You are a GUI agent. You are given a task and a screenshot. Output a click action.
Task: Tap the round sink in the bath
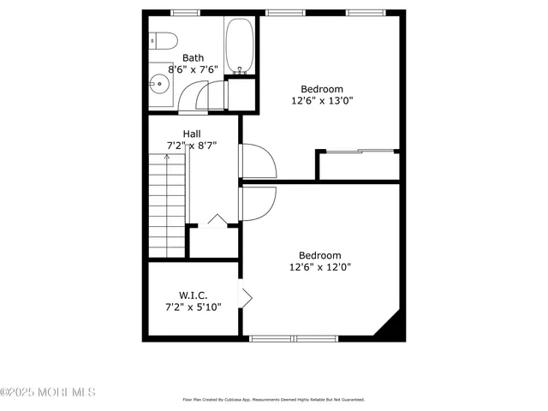tap(158, 84)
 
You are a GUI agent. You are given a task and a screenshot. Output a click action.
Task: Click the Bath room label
tap(193, 58)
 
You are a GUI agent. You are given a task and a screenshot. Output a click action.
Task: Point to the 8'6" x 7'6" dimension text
tap(194, 69)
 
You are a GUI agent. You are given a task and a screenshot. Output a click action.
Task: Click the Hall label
tap(191, 134)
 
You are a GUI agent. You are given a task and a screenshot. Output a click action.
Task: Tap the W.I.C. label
tap(194, 295)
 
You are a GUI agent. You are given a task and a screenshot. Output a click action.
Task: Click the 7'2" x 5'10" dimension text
tap(194, 307)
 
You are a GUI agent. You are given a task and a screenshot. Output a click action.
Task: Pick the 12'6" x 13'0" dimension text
tap(322, 100)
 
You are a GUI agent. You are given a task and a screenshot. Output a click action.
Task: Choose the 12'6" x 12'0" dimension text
tap(320, 266)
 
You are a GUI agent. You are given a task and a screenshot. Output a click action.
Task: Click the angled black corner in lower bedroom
tap(390, 326)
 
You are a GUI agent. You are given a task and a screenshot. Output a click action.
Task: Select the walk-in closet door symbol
tap(246, 298)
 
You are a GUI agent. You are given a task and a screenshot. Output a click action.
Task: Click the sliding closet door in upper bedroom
tap(358, 152)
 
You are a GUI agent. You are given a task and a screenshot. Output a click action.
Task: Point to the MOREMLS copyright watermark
tap(48, 392)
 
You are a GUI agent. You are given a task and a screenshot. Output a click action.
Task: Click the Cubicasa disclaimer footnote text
tap(273, 399)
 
